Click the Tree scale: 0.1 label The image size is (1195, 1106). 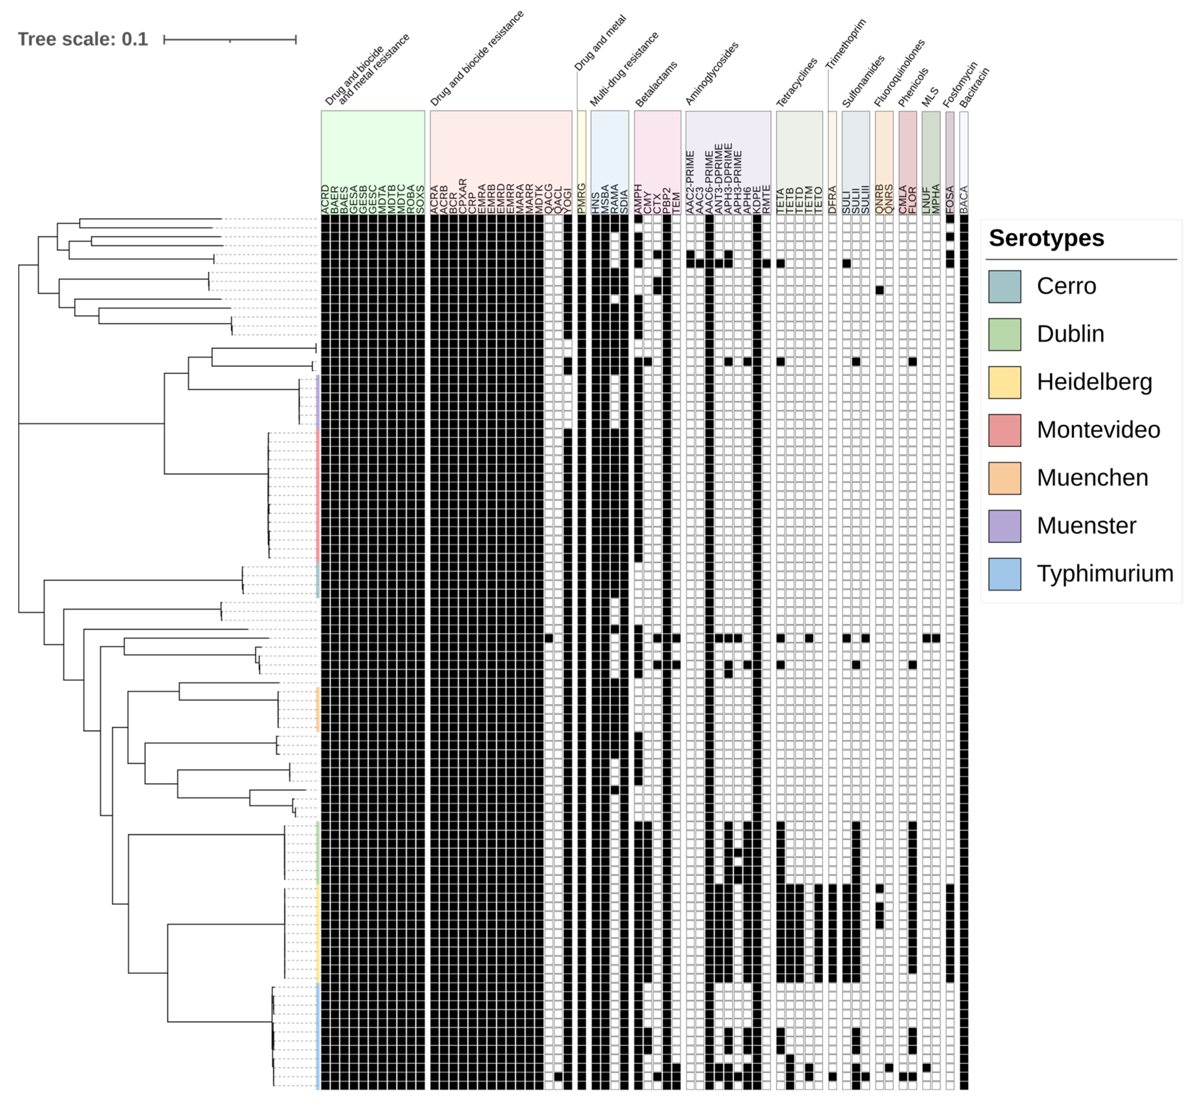(x=83, y=39)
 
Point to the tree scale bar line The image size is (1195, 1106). (x=230, y=40)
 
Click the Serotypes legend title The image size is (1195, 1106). (x=1046, y=238)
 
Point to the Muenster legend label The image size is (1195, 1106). (x=1086, y=526)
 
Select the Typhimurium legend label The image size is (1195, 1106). (x=1105, y=573)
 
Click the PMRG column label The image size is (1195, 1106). (x=581, y=199)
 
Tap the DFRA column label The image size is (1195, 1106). (x=832, y=200)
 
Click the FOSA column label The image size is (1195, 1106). (x=950, y=200)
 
